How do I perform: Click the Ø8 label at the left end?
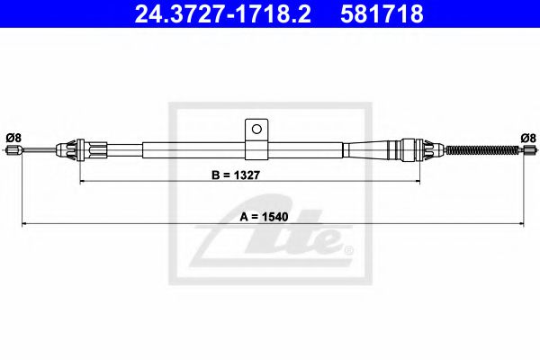tap(13, 137)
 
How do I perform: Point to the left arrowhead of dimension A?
tap(24, 223)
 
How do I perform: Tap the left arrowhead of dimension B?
tap(84, 181)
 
